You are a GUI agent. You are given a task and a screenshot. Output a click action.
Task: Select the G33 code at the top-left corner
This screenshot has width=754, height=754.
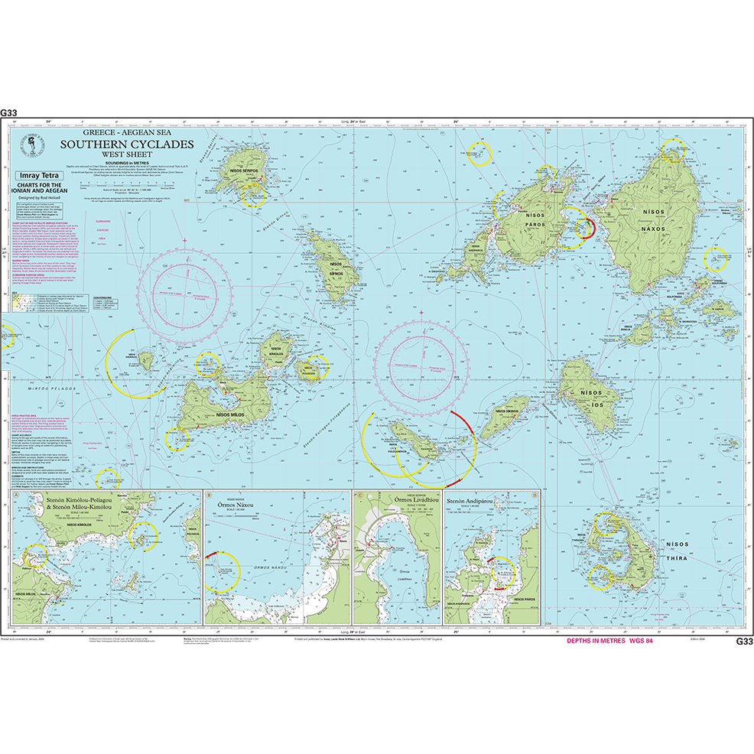coord(9,112)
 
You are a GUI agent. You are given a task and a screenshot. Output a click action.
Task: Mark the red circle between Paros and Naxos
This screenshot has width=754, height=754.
coord(584,227)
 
